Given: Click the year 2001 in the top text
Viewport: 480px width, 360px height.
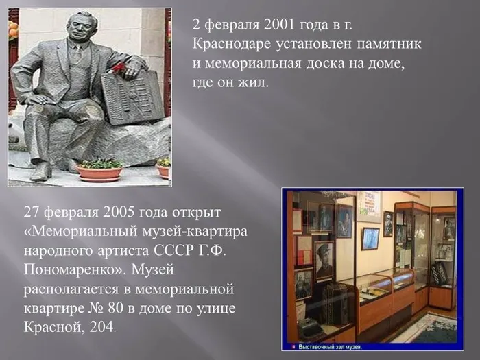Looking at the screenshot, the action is [277, 25].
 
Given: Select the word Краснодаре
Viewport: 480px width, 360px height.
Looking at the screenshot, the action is [232, 44].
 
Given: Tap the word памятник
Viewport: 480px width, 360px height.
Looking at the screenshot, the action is [389, 45].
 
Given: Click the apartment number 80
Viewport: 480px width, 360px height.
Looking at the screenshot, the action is [115, 309].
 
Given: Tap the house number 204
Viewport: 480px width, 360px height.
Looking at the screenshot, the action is [101, 327].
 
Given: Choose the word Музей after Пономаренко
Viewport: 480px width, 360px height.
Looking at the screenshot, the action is [152, 270].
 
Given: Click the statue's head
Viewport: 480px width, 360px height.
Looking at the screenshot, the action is [82, 25].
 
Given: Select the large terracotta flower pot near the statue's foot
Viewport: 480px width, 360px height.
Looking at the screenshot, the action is [99, 172].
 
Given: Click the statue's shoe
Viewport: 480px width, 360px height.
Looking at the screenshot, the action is [40, 172].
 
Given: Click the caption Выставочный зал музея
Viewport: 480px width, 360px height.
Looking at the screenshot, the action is [330, 347].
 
